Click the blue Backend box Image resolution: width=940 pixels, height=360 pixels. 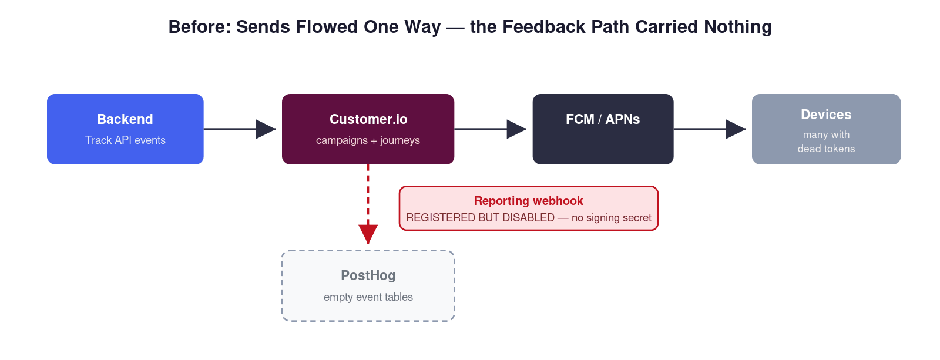tap(125, 129)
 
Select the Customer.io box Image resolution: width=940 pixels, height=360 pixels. tap(368, 129)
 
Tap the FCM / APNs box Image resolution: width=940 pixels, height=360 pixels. tap(603, 129)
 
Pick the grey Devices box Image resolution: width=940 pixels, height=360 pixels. tap(826, 129)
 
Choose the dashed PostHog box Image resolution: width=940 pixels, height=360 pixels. tap(368, 286)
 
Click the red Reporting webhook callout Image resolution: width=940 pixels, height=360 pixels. tap(528, 208)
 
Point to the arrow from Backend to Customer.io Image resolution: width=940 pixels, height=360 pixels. tap(240, 129)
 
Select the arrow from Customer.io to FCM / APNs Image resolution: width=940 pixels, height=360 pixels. tap(490, 129)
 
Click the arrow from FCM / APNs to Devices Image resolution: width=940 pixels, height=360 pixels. tap(710, 129)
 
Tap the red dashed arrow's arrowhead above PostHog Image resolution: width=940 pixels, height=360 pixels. tap(368, 234)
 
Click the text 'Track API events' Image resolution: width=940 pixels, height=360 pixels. tap(126, 140)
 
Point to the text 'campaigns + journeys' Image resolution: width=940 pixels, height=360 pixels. tap(368, 140)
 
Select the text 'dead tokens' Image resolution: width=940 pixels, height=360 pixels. tap(826, 149)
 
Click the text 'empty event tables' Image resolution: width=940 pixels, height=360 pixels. tap(368, 297)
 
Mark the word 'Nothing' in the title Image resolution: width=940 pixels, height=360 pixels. tap(738, 27)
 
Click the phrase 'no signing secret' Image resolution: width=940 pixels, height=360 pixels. tap(612, 218)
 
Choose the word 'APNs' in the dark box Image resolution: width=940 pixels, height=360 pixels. tap(623, 119)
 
